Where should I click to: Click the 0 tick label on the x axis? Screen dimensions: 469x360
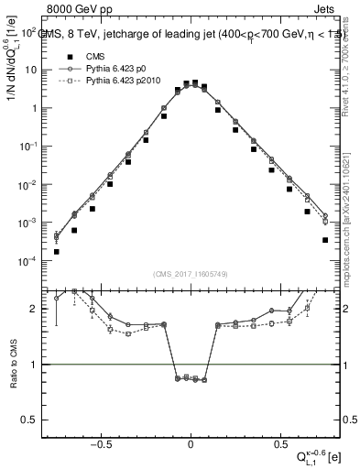click(x=190, y=442)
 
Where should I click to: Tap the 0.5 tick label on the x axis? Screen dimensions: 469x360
click(x=278, y=442)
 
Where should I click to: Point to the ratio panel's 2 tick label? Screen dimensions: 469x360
click(x=35, y=309)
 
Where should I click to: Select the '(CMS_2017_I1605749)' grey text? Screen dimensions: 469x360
click(x=190, y=274)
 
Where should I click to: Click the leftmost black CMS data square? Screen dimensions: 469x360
click(x=57, y=251)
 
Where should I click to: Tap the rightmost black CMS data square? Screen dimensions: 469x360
click(x=324, y=240)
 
